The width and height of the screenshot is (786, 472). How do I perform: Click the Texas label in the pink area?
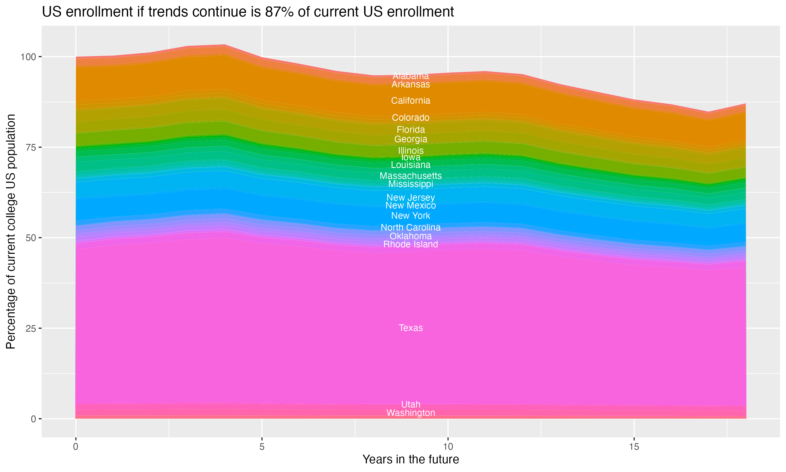pyautogui.click(x=411, y=328)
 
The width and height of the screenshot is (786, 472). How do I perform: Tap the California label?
pyautogui.click(x=411, y=101)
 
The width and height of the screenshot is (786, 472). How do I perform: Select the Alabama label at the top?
pyautogui.click(x=411, y=76)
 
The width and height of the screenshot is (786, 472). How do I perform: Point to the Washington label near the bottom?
pyautogui.click(x=411, y=413)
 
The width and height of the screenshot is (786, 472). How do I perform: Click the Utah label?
pyautogui.click(x=411, y=405)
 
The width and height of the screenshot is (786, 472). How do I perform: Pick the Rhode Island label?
pyautogui.click(x=411, y=244)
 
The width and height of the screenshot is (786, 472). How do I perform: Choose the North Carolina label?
pyautogui.click(x=411, y=227)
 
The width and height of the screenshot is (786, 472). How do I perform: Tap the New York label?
pyautogui.click(x=411, y=216)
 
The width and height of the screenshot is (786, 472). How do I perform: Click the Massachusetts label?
pyautogui.click(x=411, y=176)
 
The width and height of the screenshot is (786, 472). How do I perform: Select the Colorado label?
pyautogui.click(x=411, y=118)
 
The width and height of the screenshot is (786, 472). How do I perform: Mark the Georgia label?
pyautogui.click(x=411, y=139)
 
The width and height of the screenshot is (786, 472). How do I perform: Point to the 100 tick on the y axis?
pyautogui.click(x=27, y=57)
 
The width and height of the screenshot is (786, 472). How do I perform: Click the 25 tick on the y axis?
pyautogui.click(x=30, y=328)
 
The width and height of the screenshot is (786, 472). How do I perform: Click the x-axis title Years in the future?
pyautogui.click(x=411, y=460)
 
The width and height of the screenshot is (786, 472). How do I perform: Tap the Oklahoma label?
pyautogui.click(x=411, y=236)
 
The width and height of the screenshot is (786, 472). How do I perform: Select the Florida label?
pyautogui.click(x=411, y=130)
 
